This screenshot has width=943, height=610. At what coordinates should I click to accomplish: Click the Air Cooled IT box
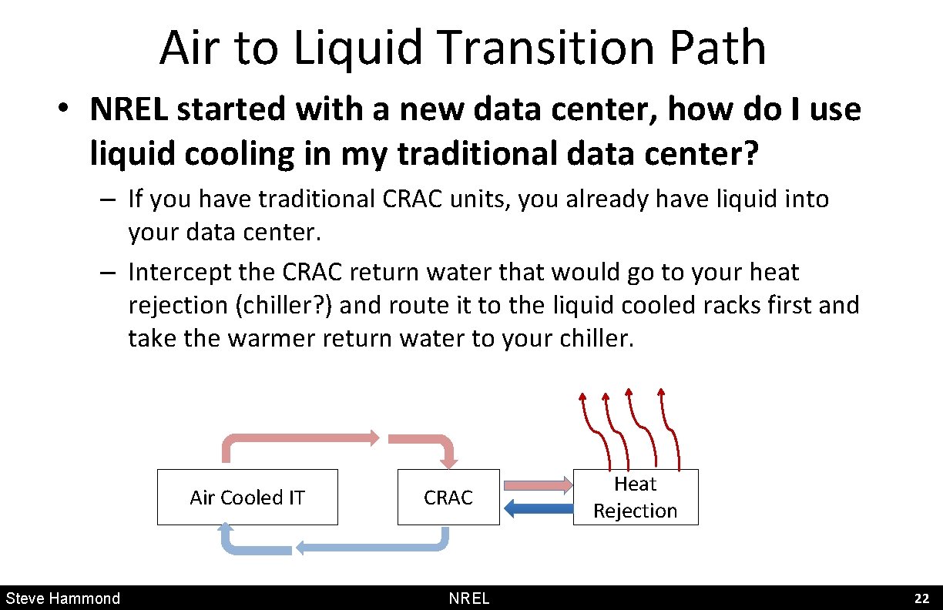(247, 498)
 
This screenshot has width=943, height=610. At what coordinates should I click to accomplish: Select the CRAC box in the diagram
(448, 498)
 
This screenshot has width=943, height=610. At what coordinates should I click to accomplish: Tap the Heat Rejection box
(636, 498)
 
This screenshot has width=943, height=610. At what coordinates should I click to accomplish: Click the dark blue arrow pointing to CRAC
(539, 508)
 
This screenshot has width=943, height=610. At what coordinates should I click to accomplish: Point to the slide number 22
(921, 598)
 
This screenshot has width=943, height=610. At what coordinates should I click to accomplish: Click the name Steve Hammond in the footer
(63, 598)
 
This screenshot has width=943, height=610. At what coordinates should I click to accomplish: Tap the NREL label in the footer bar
(469, 598)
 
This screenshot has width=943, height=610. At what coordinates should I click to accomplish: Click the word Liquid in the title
(359, 48)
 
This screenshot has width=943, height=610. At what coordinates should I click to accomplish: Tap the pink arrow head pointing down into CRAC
(448, 461)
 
